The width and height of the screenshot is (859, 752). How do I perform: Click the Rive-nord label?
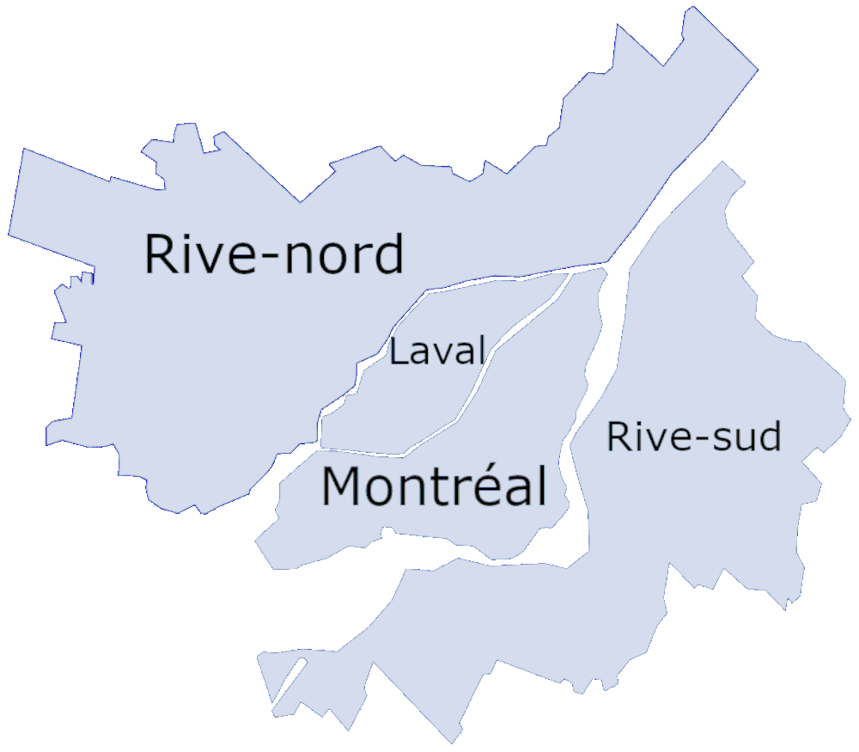pos(273,254)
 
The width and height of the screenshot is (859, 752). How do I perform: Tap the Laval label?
pos(437,352)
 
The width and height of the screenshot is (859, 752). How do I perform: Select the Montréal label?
pos(434,486)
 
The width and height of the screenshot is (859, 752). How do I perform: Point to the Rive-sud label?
pos(694,437)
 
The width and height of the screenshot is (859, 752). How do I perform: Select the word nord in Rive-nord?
pos(344,254)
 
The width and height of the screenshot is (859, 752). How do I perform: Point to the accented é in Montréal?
pos(483,486)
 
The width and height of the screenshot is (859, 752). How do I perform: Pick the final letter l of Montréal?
pos(541,486)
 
